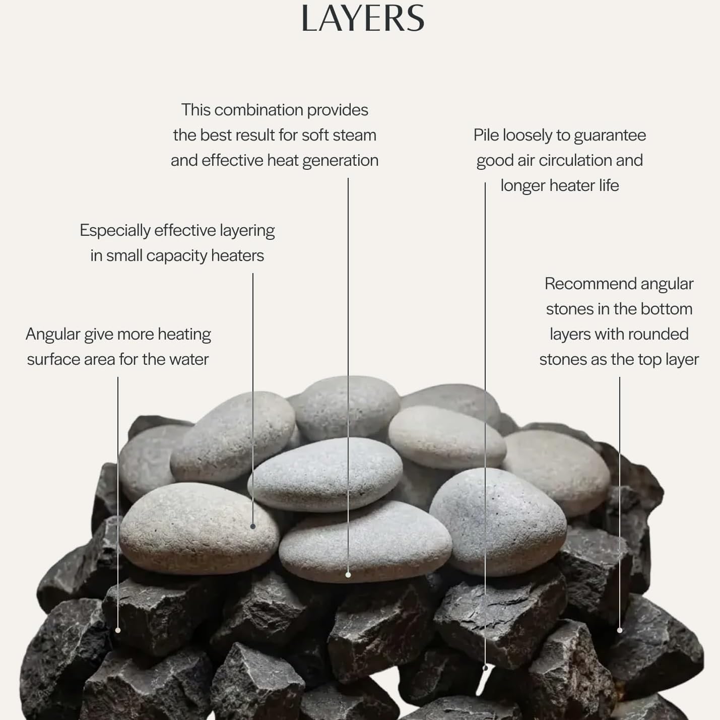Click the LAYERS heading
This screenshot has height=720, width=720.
pos(362,18)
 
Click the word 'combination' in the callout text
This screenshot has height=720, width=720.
pos(258,110)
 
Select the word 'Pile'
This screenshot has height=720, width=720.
pos(486,135)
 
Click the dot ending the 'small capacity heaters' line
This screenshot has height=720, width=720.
pos(253,526)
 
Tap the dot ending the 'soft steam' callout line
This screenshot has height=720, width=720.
pos(348,575)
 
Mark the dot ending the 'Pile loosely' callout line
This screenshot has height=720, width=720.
pos(485,668)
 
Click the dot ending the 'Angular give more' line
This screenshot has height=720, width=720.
pos(118,630)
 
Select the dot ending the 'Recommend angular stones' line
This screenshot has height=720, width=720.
pos(620,630)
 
